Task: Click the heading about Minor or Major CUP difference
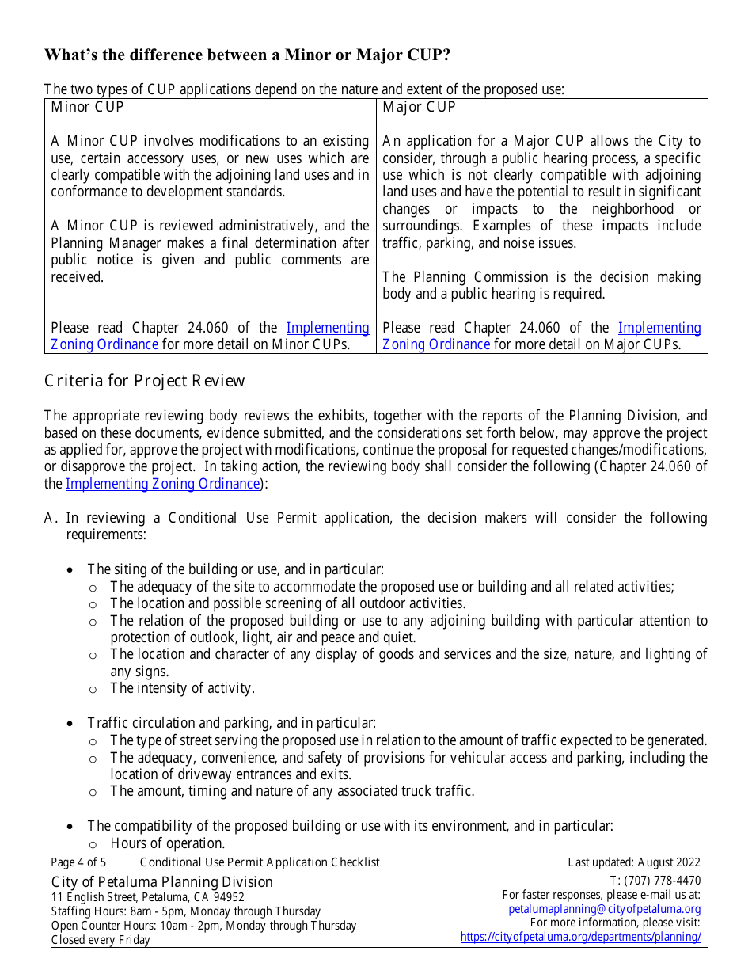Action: click(x=247, y=55)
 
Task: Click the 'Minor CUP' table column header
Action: click(x=87, y=107)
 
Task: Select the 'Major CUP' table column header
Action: click(x=419, y=107)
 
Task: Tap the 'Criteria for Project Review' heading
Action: click(x=144, y=381)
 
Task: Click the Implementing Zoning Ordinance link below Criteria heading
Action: click(x=162, y=484)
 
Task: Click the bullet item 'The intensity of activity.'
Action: click(x=182, y=688)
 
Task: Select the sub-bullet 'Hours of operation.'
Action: click(x=168, y=843)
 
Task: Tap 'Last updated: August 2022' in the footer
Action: click(x=634, y=862)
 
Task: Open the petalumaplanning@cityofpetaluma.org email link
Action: click(x=604, y=909)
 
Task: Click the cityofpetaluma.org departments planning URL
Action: click(x=580, y=937)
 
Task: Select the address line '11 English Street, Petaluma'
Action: click(x=148, y=897)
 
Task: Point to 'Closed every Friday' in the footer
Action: click(x=101, y=940)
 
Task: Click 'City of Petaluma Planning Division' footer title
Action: click(x=161, y=882)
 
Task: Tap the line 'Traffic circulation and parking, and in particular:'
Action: click(x=231, y=723)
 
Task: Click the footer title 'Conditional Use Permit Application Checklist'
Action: click(x=260, y=862)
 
